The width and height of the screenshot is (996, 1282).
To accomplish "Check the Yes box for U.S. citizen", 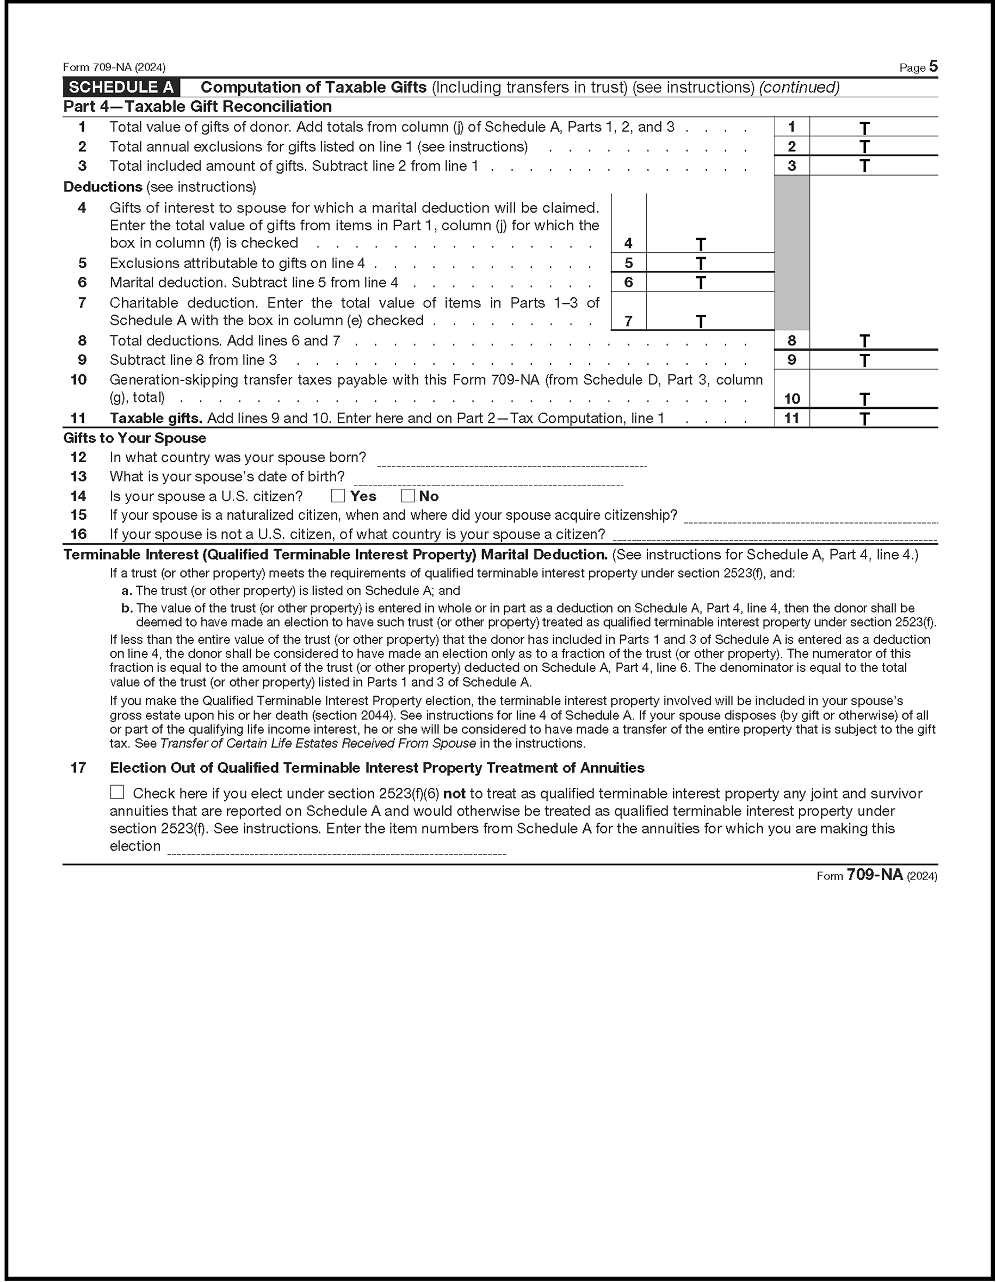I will click(338, 496).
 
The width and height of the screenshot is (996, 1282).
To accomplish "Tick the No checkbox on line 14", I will click(407, 496).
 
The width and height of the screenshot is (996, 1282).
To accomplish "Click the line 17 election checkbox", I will click(117, 793).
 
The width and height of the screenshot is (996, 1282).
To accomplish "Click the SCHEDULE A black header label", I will click(121, 88).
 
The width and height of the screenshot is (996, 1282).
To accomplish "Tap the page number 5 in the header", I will click(933, 67).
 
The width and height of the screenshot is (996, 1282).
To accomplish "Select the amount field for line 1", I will click(873, 127).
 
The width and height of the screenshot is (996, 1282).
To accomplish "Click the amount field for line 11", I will click(873, 418).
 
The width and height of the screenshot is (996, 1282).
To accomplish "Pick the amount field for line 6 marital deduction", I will click(710, 282).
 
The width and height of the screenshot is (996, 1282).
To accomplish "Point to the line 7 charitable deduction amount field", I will click(710, 320).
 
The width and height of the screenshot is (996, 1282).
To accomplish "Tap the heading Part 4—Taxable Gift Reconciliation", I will click(197, 107).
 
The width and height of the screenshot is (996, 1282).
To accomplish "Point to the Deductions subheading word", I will click(103, 186).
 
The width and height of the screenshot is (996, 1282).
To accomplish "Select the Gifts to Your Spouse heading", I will click(134, 438).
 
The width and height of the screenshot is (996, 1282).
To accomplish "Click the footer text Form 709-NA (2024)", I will click(877, 876).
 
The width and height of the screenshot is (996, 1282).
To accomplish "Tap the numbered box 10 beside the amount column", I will click(791, 399).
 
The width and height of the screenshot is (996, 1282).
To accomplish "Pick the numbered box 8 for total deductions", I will click(791, 340).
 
